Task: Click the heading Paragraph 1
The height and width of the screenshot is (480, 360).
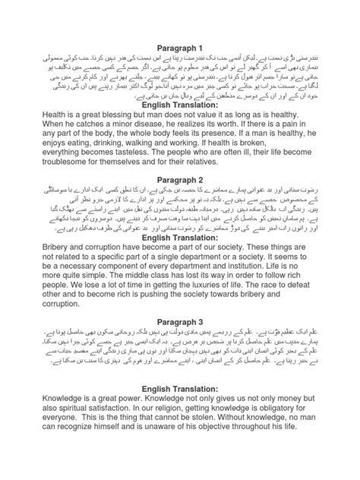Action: (180, 46)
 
